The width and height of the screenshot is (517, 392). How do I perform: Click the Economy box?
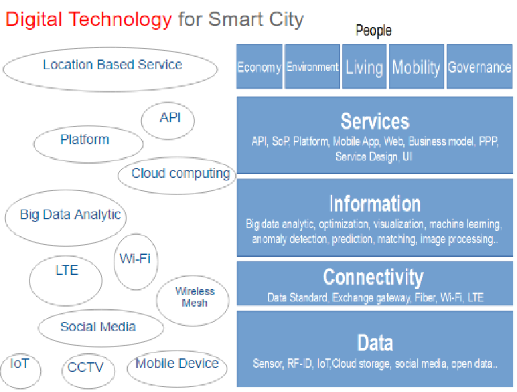260,67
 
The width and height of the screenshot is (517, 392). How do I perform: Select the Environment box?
312,67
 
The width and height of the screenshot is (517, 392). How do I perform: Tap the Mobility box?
416,67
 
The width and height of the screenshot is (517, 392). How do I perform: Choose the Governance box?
480,67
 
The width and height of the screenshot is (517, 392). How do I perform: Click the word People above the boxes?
374,30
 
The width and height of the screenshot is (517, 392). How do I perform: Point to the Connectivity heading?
374,277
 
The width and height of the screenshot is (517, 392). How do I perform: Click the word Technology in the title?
120,19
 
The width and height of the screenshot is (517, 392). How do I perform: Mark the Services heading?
375,121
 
